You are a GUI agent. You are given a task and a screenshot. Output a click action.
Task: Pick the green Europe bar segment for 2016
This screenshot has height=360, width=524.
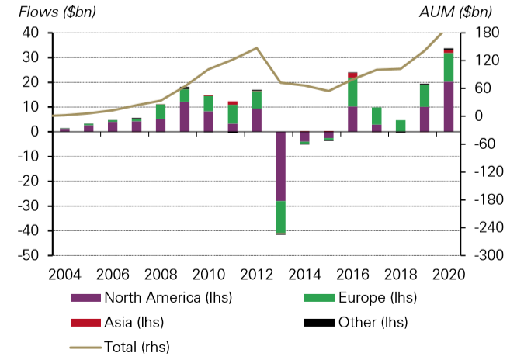pos(352,92)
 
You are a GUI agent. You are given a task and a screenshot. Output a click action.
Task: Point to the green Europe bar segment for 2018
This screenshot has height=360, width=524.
pos(401,126)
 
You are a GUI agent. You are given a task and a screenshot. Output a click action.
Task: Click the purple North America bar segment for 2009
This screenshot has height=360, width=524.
pos(184,117)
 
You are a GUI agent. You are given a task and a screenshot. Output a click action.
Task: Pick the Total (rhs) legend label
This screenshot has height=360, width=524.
pos(137,347)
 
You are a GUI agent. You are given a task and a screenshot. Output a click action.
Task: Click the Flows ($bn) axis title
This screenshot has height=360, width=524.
pos(46,12)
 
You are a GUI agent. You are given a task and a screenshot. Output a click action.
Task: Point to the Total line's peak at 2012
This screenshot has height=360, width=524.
pos(256,48)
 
